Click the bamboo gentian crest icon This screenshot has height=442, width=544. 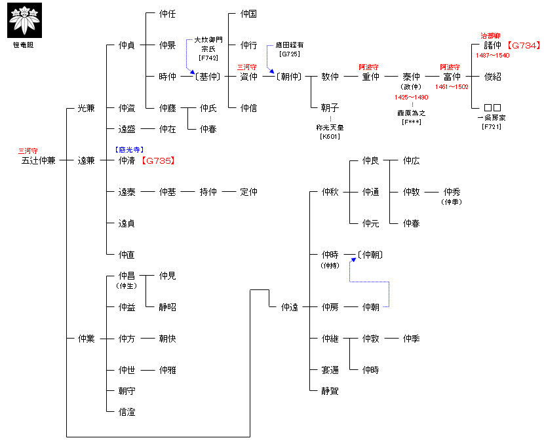24,20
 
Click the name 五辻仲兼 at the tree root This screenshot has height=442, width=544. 38,160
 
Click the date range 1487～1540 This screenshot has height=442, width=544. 493,56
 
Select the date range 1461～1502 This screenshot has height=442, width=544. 452,86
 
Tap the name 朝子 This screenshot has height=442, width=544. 330,108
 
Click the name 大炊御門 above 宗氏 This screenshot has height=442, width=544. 208,40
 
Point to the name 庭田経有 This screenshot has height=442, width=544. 289,45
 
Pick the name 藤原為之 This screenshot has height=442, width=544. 412,113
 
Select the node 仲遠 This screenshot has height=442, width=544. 289,307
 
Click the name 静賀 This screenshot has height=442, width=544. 330,391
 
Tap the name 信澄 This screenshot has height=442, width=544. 126,412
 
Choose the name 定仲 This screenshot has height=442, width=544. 248,192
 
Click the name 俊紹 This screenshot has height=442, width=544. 493,77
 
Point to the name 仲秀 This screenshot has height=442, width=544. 452,192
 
